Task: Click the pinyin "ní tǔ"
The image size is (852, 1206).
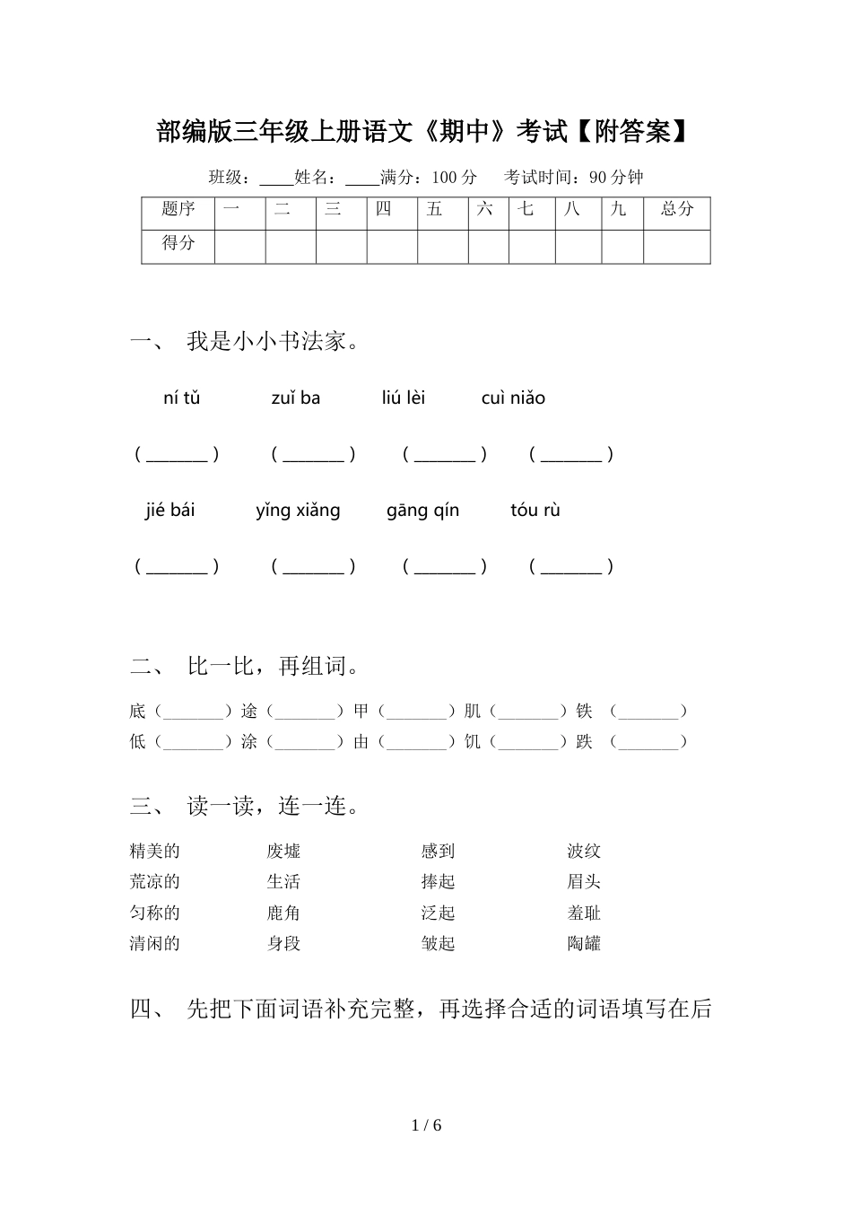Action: click(181, 398)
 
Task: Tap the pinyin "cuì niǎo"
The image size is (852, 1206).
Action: click(512, 398)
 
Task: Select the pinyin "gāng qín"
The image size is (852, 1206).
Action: click(422, 511)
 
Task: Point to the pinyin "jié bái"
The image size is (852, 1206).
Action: click(170, 511)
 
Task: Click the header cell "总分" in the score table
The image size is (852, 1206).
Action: click(677, 210)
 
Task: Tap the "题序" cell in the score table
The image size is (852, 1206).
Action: click(178, 210)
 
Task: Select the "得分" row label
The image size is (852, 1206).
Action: click(178, 243)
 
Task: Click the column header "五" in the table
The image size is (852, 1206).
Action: click(435, 210)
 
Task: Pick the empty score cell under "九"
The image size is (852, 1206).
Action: click(622, 246)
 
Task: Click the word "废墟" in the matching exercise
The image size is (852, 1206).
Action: click(283, 852)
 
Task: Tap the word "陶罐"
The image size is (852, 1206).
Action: click(584, 943)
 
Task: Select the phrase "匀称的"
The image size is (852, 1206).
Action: click(155, 913)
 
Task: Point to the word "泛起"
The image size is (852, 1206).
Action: click(439, 913)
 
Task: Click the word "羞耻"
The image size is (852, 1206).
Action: click(584, 913)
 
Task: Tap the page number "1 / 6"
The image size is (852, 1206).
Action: click(426, 1125)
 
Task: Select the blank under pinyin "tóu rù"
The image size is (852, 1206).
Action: click(571, 567)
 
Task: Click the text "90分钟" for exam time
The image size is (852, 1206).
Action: click(616, 178)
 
